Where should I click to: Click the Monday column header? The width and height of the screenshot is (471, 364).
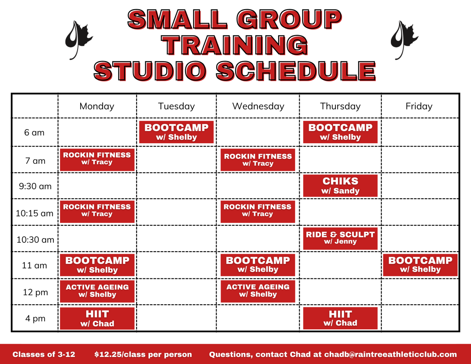(x=97, y=106)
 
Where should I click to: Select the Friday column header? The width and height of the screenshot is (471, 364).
(x=419, y=106)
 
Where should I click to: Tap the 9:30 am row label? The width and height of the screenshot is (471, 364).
(x=35, y=186)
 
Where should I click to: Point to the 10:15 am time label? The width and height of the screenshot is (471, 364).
(x=35, y=213)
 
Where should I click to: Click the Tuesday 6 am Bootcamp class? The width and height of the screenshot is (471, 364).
(x=176, y=132)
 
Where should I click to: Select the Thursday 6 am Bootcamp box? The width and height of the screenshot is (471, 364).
(x=340, y=132)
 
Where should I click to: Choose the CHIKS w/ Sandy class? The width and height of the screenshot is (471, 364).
(x=340, y=186)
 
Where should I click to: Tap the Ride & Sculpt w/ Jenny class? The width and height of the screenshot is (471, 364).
(x=340, y=238)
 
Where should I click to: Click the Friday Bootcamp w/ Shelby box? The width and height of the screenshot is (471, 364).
(x=420, y=265)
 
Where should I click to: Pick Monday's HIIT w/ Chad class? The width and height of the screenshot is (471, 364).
(x=97, y=319)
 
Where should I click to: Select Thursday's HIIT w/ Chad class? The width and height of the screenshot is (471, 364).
(x=340, y=318)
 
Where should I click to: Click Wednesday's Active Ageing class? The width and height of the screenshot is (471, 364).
(x=258, y=291)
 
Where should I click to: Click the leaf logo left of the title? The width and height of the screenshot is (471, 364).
(x=78, y=40)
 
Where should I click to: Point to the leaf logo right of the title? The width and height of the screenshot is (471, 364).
(x=404, y=40)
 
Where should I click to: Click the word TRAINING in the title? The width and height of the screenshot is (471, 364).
(x=235, y=45)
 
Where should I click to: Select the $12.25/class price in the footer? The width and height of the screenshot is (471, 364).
(x=143, y=354)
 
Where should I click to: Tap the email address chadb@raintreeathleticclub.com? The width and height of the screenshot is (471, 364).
(x=390, y=354)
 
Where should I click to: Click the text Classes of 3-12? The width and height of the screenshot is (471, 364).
(x=44, y=354)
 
